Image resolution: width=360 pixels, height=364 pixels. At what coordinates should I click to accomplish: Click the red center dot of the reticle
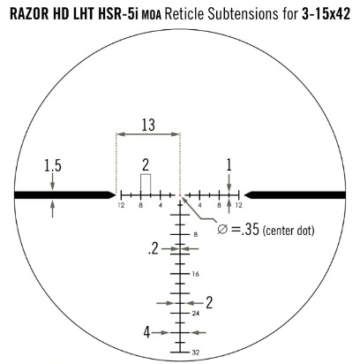tap(180, 195)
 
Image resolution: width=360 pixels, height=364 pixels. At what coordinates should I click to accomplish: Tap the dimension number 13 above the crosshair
tap(148, 125)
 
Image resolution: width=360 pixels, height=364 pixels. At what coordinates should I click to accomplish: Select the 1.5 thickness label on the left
tap(53, 165)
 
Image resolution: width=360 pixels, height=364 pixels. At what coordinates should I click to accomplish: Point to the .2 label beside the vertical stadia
tap(154, 249)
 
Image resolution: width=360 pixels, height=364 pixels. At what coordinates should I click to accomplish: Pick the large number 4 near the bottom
tap(146, 332)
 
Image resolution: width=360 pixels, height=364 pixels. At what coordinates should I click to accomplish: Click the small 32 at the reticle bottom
tap(196, 353)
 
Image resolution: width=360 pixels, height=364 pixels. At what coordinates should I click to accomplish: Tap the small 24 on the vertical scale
tap(196, 313)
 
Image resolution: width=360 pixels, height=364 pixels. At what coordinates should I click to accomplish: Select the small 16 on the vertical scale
tap(196, 274)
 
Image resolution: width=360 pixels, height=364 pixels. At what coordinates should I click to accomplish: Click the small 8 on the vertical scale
tap(196, 235)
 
